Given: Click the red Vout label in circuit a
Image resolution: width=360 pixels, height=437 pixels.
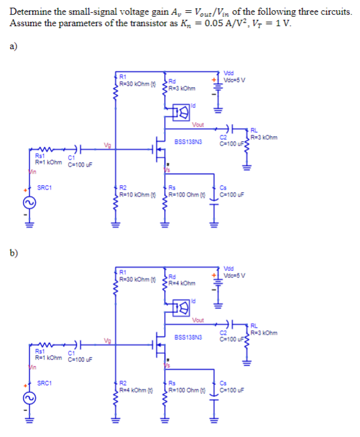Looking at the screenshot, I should point(198,125).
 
